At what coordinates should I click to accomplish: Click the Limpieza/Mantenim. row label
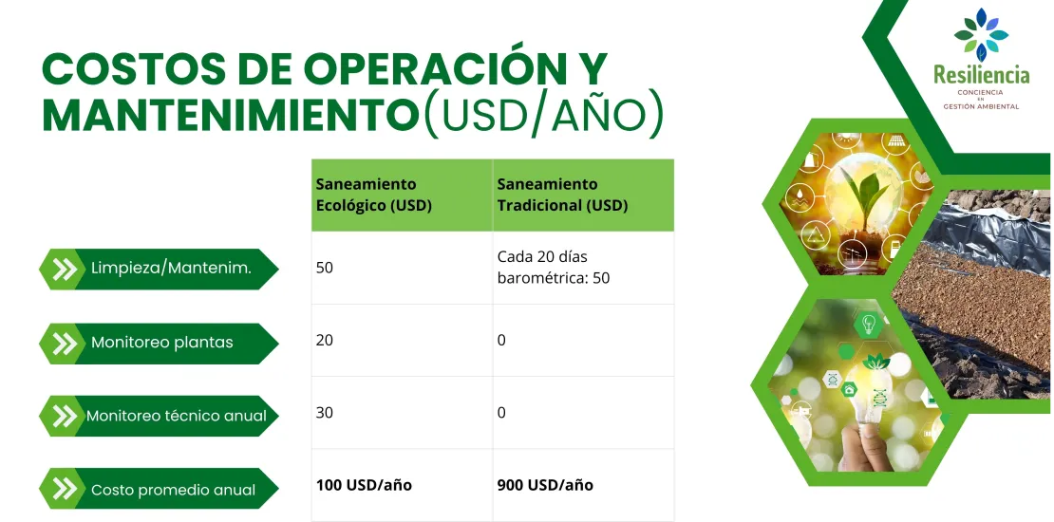(171, 269)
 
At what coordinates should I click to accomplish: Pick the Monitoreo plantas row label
(161, 343)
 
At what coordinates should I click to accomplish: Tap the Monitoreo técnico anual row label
(177, 416)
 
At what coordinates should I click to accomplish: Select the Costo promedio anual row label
(173, 490)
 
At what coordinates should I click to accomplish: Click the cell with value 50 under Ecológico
(325, 268)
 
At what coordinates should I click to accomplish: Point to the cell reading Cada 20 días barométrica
(554, 268)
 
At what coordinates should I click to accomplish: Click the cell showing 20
(325, 340)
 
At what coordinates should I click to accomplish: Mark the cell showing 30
(325, 413)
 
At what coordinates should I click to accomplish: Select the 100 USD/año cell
(364, 485)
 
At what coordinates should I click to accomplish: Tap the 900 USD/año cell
(545, 485)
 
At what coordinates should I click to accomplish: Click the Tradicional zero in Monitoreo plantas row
(501, 340)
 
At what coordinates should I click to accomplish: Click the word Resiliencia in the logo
(981, 74)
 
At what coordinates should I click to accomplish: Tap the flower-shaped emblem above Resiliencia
(981, 34)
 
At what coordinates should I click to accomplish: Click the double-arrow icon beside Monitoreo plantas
(65, 343)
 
